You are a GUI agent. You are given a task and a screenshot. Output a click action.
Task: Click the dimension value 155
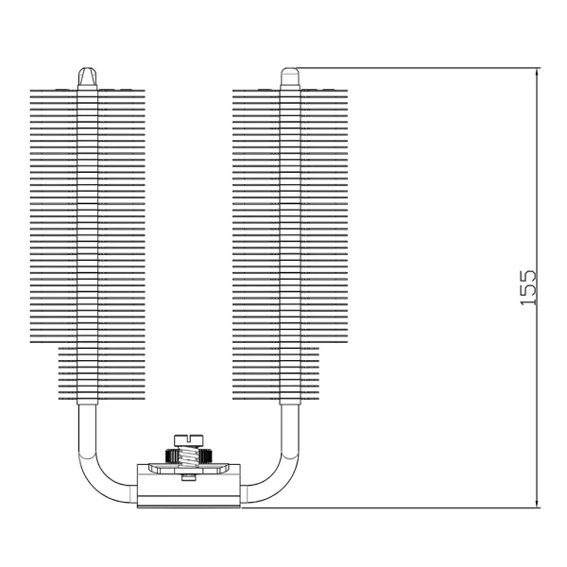(528, 287)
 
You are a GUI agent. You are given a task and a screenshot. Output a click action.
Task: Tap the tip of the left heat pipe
(88, 73)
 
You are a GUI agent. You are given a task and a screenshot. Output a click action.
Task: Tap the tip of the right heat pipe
(290, 72)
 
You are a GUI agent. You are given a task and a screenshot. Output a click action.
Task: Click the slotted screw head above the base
(190, 438)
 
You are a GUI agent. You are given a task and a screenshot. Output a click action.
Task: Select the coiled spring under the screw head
(190, 456)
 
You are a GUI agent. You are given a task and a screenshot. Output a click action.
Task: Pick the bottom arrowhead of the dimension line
(538, 502)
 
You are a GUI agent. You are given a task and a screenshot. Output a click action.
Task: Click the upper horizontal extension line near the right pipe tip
(416, 67)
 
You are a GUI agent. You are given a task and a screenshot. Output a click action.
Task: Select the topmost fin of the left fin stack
(88, 92)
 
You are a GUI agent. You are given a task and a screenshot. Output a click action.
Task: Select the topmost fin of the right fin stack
(290, 92)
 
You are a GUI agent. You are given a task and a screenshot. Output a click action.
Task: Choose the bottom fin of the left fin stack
(88, 400)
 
